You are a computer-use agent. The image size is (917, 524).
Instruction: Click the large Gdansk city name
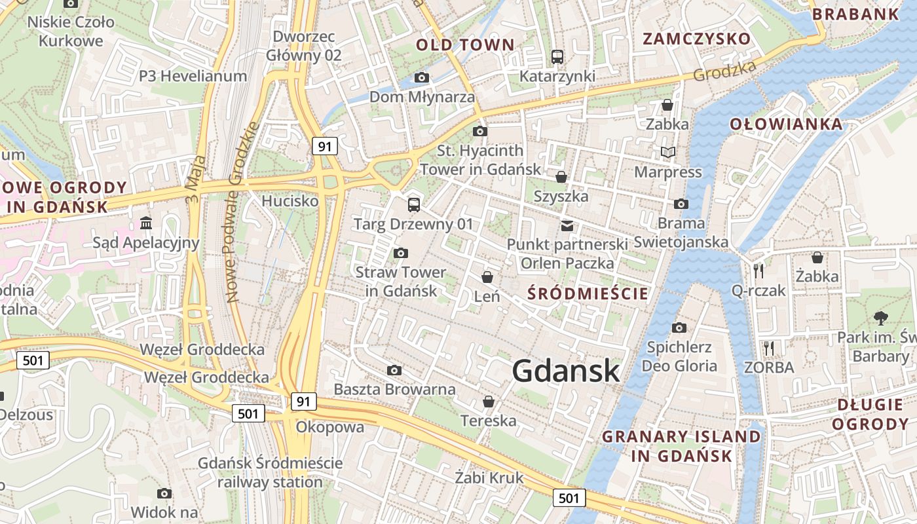(565, 371)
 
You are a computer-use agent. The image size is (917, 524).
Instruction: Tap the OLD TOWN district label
(465, 45)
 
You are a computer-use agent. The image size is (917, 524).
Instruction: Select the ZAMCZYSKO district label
(696, 39)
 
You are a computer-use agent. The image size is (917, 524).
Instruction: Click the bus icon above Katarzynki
(557, 57)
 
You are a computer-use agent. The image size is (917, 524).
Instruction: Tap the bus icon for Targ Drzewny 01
(413, 205)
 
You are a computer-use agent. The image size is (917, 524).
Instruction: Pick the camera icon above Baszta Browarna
(394, 371)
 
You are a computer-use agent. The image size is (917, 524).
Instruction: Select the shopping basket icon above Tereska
(488, 402)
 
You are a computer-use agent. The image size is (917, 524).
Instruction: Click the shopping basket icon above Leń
(487, 277)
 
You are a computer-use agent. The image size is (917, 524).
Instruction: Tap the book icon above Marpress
(667, 153)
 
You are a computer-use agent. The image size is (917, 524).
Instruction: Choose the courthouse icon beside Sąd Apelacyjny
(146, 224)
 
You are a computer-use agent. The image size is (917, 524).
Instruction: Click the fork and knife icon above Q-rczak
(758, 271)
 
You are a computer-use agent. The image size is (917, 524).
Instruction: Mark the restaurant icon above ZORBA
(769, 348)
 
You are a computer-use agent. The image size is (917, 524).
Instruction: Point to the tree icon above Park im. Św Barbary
(880, 318)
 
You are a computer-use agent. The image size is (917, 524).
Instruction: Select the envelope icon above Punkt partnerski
(567, 226)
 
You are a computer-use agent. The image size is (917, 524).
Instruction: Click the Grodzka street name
(724, 71)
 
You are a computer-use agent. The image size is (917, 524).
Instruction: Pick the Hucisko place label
(290, 201)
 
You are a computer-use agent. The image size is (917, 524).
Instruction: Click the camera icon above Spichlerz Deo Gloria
(679, 327)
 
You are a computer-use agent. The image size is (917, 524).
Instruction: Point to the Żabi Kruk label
(489, 477)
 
